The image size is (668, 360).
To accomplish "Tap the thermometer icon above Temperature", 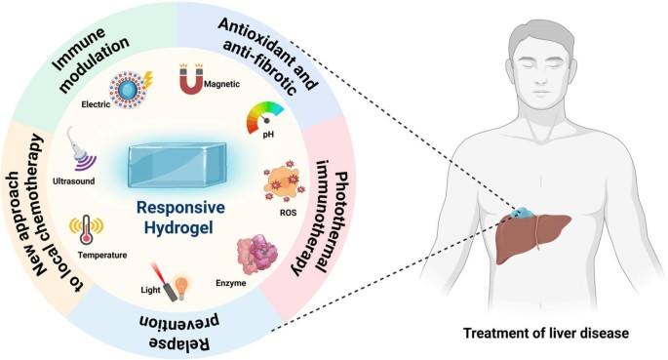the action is click(87, 229).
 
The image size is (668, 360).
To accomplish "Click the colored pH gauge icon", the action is click(264, 116).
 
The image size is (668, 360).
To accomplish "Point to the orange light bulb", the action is click(182, 288).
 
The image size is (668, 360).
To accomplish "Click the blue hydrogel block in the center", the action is click(177, 165).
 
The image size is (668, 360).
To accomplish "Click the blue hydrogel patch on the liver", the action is click(522, 212).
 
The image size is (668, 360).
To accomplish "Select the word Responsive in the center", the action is click(180, 208).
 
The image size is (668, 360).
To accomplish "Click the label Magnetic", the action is click(221, 84).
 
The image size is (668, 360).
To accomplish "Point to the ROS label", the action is click(288, 212).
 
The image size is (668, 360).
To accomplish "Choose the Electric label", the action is click(96, 104).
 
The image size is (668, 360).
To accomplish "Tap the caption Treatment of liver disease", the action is click(546, 333).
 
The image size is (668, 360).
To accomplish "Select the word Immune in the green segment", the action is click(79, 48).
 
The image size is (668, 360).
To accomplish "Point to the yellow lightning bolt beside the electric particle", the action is click(147, 81).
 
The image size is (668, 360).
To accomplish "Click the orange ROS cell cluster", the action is click(285, 181).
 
